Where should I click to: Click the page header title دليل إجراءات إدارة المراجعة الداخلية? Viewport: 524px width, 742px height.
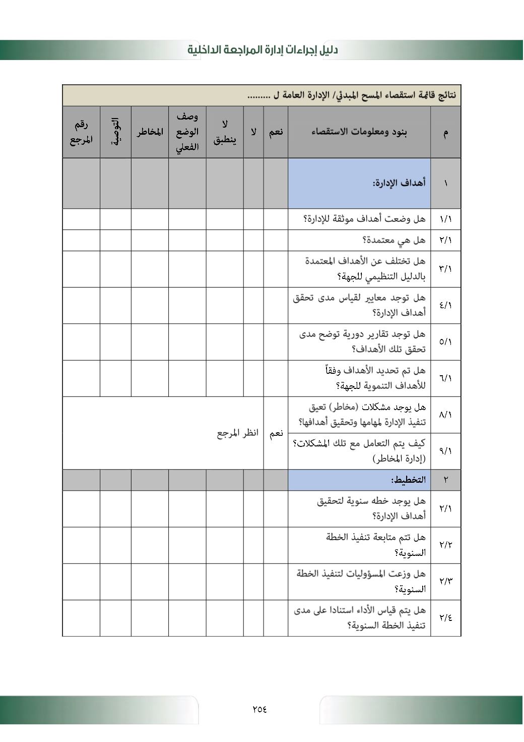[x=263, y=50]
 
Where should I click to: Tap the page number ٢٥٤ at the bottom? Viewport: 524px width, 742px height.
[x=259, y=709]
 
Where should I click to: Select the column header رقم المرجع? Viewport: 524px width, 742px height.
[x=81, y=132]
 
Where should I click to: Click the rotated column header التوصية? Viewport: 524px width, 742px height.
[x=115, y=132]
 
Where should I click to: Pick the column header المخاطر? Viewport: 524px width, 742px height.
[x=150, y=132]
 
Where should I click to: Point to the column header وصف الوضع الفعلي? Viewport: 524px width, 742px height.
[x=187, y=132]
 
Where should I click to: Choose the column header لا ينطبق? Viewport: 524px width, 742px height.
[x=225, y=132]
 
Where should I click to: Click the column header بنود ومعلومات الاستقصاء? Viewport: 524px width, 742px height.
[x=360, y=132]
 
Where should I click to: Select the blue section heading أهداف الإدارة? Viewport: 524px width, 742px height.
[x=399, y=183]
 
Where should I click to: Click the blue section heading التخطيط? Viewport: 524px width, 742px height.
[x=408, y=480]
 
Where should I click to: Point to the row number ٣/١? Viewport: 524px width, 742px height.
[x=445, y=269]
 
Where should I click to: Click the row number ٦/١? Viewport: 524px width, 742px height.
[x=445, y=378]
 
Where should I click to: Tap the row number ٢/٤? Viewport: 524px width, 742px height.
[x=445, y=618]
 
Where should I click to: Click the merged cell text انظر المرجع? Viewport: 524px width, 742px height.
[x=238, y=433]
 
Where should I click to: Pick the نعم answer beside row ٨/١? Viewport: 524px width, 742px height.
[x=276, y=433]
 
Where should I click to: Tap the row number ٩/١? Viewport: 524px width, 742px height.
[x=445, y=451]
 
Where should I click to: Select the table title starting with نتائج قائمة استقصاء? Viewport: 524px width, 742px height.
[x=352, y=95]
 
